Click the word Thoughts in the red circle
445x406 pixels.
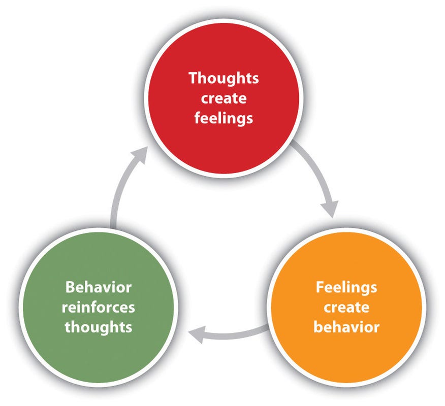point(224,79)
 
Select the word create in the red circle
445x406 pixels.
point(224,98)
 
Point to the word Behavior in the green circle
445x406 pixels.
point(99,287)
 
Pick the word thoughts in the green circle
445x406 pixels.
point(99,327)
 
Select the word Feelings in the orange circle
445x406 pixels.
point(346,287)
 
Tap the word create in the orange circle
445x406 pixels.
point(346,307)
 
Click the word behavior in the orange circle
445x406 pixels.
point(346,327)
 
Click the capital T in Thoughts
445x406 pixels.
point(193,79)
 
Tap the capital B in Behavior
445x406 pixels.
point(70,287)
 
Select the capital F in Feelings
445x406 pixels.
point(320,287)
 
